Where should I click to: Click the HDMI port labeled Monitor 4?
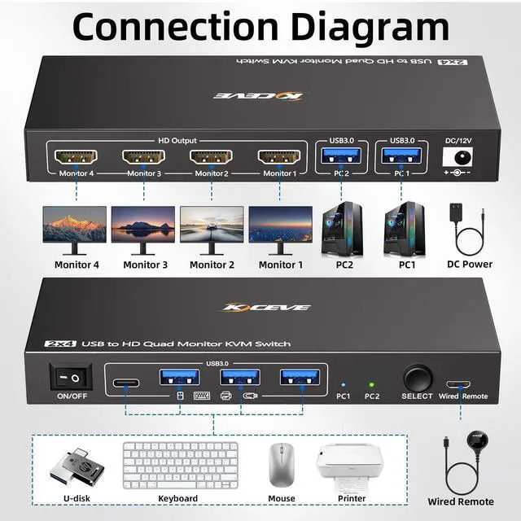[x=76, y=156]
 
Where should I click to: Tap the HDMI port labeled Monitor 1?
[x=279, y=156]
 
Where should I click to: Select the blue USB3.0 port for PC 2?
[x=341, y=155]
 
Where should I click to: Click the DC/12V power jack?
[x=458, y=157]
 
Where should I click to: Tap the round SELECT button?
[x=418, y=379]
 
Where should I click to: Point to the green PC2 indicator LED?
[x=371, y=385]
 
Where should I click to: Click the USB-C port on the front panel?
[x=126, y=383]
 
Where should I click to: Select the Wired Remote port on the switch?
[x=458, y=384]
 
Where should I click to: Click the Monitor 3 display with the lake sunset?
[x=143, y=230]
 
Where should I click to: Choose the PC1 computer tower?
[x=405, y=229]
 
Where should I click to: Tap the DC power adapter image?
[x=466, y=230]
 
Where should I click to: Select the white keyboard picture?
[x=181, y=465]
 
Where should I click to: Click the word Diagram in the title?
[x=370, y=27]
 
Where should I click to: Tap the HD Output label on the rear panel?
[x=177, y=141]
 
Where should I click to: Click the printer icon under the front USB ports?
[x=226, y=396]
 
